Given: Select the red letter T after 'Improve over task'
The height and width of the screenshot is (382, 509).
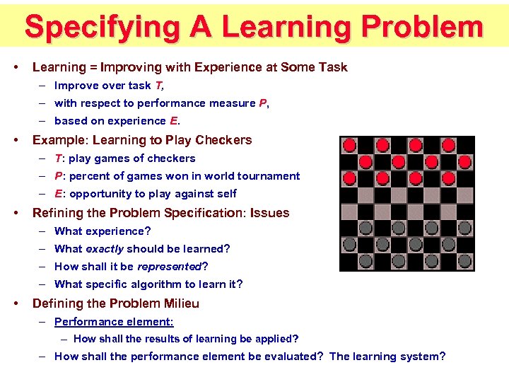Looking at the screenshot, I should coord(158,86).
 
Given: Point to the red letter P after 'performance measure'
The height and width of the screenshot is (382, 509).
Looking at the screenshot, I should coord(262,103).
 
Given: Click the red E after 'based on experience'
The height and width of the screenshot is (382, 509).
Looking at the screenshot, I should coord(174,121).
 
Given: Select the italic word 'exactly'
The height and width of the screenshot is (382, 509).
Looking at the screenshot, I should coord(104,249).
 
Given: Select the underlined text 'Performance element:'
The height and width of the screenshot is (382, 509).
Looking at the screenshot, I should coord(114,322).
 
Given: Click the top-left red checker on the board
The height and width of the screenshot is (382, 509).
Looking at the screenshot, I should coord(349,145).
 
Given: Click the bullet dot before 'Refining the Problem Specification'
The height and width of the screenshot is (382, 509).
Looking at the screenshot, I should coord(16,213).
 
